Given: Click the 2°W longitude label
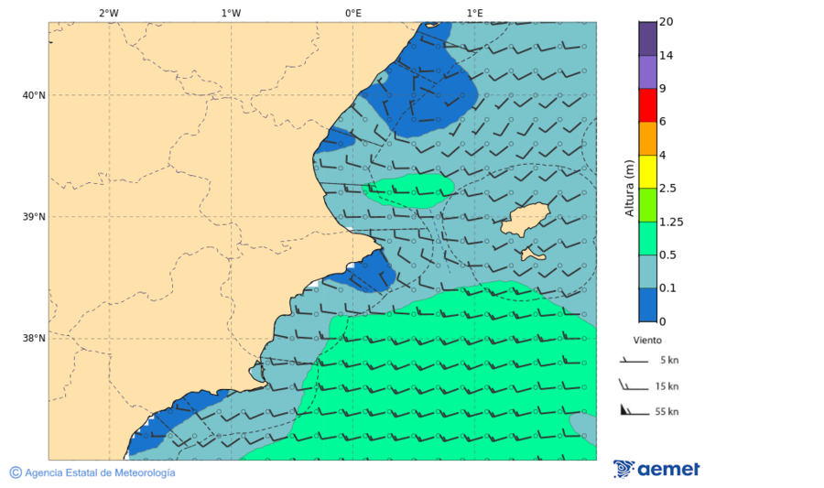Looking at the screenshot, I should click(x=108, y=13).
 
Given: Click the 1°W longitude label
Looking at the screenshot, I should click(x=231, y=13).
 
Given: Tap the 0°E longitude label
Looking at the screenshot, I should click(x=352, y=13).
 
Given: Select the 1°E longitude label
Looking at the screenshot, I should click(x=474, y=13).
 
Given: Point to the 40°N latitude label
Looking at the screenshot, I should click(x=34, y=95).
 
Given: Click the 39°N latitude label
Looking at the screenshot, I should click(x=34, y=217).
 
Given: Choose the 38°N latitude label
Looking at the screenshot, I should click(x=34, y=339).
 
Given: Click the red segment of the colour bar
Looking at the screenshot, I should click(x=647, y=105).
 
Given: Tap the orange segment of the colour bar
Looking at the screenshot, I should click(x=647, y=138).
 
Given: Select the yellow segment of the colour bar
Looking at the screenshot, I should click(x=647, y=171).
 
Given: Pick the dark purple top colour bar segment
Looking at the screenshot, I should click(x=647, y=38).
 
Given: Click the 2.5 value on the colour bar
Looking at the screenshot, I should click(x=667, y=189).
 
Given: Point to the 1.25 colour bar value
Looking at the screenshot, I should click(x=671, y=222).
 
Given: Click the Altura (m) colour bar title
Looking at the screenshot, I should click(x=629, y=188).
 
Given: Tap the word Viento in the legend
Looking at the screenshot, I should click(x=647, y=340).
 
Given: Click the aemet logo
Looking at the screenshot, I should click(x=656, y=469).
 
